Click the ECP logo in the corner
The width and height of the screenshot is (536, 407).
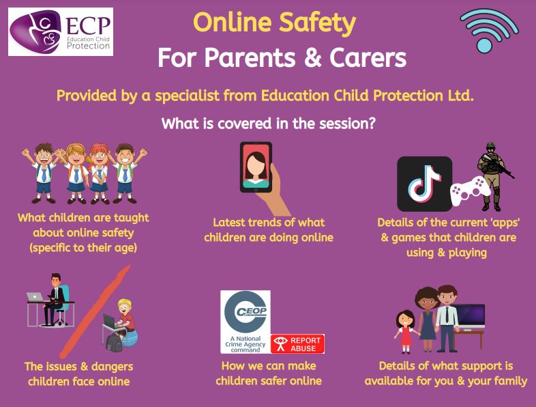pos(61,32)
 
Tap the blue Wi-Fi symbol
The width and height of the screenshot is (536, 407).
pos(489,31)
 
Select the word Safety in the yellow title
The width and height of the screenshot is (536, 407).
pos(317,23)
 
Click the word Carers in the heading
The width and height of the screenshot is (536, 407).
pos(368,57)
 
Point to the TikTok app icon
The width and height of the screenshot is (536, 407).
pos(424,184)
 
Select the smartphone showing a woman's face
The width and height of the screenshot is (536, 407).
pos(256,167)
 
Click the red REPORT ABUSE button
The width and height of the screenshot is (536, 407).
pos(297,344)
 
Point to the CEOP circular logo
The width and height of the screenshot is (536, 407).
pos(245,312)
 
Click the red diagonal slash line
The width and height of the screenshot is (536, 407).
pos(95,311)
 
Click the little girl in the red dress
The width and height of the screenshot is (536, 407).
pos(406,331)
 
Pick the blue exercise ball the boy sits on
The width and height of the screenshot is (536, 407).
pos(130,338)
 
